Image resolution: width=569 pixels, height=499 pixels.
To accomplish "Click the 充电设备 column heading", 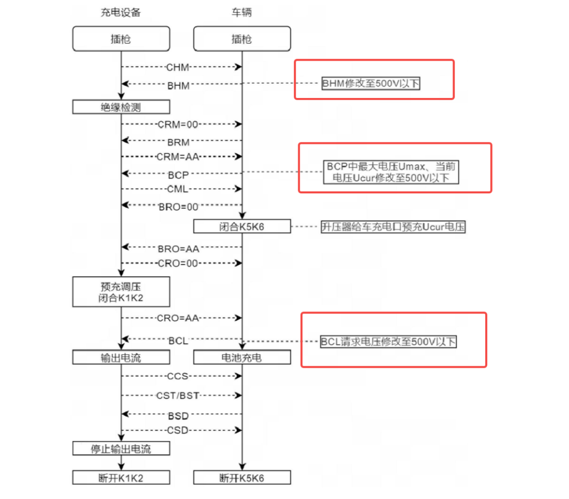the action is (121, 12).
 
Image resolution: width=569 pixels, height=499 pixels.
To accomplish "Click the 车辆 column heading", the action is (242, 12).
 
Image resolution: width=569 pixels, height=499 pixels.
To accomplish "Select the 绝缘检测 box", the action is (121, 107).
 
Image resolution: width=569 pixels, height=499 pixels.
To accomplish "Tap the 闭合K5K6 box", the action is (242, 227).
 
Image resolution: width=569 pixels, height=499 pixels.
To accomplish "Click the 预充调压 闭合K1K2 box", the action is (121, 292).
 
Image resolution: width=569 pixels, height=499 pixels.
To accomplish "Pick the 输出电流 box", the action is (121, 357).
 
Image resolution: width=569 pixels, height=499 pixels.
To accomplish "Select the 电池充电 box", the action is (242, 357).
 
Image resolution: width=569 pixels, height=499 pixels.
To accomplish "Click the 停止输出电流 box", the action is (121, 448).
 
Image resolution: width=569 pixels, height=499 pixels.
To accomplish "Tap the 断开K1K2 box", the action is (121, 477).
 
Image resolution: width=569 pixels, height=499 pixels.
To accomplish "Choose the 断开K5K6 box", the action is (242, 477).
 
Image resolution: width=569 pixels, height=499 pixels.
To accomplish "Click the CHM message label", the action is (178, 67).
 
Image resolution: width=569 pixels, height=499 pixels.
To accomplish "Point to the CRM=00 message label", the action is (178, 124).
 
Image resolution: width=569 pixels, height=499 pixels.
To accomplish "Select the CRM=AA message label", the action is (178, 157).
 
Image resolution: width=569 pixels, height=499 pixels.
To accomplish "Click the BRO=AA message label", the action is (179, 249).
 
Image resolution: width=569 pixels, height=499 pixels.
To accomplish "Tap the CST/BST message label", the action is (178, 396).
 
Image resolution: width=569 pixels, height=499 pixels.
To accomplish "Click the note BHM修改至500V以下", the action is (371, 83).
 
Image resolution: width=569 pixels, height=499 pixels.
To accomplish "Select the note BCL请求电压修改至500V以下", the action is (388, 341).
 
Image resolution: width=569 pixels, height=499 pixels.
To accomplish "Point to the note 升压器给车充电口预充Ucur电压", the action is (393, 227).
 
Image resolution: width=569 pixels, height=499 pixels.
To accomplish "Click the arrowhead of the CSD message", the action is (239, 430).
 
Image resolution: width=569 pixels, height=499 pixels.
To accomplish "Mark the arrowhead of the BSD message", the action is (125, 414).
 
